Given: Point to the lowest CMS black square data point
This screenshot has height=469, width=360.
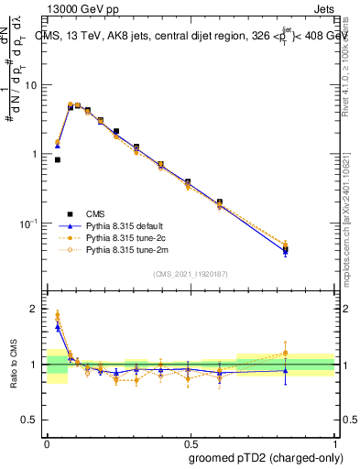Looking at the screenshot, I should click(58, 159).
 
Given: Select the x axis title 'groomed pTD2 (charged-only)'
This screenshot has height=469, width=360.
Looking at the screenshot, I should click(260, 457).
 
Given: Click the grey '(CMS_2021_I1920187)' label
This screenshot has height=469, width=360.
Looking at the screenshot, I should click(191, 273).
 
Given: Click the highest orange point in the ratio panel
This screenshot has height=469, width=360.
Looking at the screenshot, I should click(58, 314).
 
